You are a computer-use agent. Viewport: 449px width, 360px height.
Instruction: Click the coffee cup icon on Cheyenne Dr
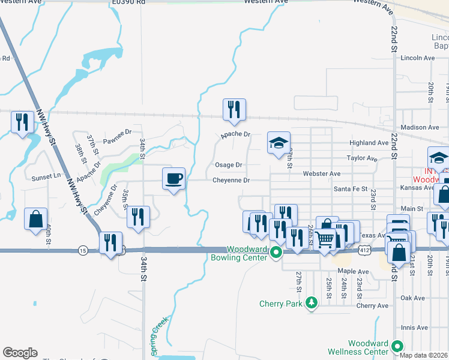174,179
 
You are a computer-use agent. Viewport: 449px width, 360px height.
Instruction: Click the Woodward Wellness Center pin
397,346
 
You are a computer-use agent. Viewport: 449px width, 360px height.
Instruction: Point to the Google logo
20,353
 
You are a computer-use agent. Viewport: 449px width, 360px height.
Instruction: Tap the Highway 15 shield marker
82,250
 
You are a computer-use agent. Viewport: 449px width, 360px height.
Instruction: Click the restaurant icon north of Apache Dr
232,109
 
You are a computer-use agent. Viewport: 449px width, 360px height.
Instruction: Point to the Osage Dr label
228,165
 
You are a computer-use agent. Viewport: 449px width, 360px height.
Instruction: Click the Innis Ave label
414,328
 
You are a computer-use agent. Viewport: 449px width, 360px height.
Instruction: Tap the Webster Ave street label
322,173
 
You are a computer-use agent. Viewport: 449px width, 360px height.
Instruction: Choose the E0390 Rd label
128,2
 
